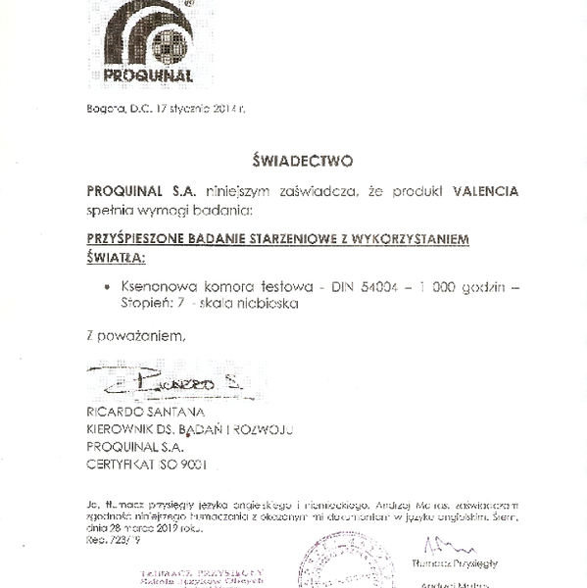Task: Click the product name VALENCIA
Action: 486,190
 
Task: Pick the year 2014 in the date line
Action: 223,108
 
